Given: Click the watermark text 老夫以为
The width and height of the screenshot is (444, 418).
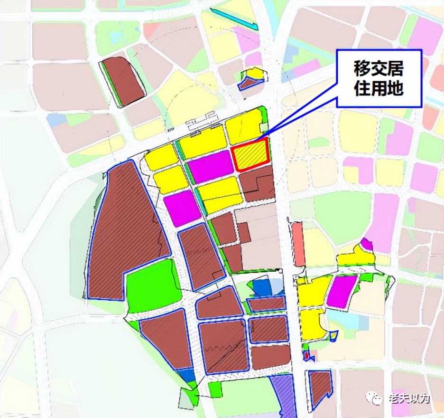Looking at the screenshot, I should click(408, 398).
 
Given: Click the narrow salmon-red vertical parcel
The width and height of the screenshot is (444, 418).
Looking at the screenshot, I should click(298, 244).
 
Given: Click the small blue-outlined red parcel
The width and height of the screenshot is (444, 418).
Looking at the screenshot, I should click(307, 355).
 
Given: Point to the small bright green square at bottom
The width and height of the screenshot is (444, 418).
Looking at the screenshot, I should click(215, 390).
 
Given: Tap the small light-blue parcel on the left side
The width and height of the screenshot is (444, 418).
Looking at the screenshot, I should click(56, 120).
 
